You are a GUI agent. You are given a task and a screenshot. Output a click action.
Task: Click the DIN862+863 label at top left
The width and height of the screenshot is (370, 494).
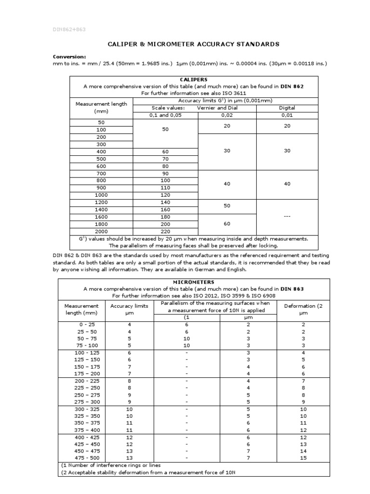tap(69, 29)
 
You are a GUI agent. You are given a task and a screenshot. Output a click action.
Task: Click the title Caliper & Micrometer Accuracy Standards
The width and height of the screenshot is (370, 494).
tap(193, 44)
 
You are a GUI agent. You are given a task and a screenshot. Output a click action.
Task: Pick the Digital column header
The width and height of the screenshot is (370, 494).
tap(287, 108)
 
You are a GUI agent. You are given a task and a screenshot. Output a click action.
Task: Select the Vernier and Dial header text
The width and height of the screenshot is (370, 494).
tap(217, 108)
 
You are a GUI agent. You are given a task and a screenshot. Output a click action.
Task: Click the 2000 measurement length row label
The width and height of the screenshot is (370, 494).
tap(101, 232)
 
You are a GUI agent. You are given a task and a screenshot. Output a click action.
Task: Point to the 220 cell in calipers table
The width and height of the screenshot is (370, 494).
tap(165, 232)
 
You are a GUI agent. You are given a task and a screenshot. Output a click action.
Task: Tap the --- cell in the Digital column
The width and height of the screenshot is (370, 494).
tap(287, 217)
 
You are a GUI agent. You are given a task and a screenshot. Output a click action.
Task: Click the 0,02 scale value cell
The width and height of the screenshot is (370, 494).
tap(226, 115)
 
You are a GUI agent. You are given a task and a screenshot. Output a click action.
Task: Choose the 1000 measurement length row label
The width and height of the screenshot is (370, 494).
tap(101, 195)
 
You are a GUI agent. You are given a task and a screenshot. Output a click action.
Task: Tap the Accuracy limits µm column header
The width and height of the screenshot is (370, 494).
tap(129, 309)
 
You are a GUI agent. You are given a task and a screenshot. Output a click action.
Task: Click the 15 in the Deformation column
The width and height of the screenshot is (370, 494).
tap(303, 457)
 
